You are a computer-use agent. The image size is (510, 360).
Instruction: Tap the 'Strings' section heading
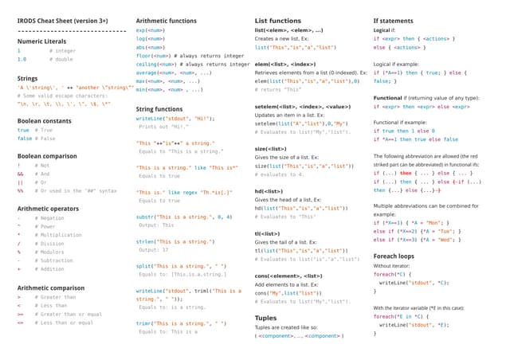coord(27,79)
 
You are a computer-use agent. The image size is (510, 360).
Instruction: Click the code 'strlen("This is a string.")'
coord(175,241)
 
